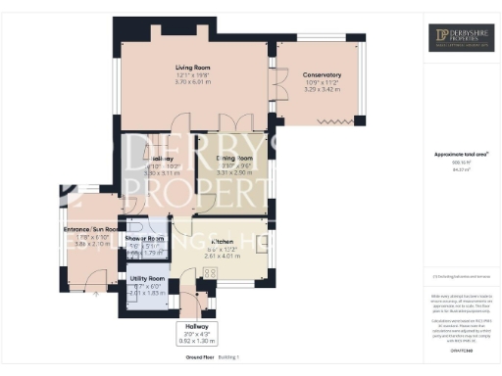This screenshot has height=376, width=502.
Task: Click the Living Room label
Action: click(193, 68)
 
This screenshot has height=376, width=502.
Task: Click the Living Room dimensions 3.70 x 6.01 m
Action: click(193, 82)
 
